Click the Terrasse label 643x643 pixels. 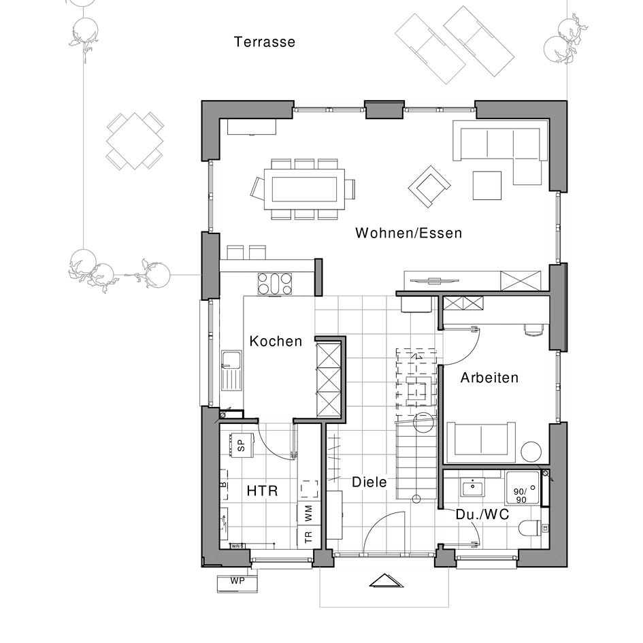coord(265,42)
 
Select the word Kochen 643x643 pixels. coord(276,342)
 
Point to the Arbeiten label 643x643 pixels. coord(489,378)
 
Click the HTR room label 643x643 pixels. coord(262,491)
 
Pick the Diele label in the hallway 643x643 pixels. coord(369,482)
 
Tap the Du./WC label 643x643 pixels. coord(482,515)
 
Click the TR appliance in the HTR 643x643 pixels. coord(308,537)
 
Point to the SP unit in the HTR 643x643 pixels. coord(241,446)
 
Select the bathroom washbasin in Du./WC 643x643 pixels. coord(471,488)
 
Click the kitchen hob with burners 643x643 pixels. coord(274,283)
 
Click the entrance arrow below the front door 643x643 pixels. coord(386,580)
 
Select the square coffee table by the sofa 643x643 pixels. coord(487,185)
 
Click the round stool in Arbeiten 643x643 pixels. coord(531,452)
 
